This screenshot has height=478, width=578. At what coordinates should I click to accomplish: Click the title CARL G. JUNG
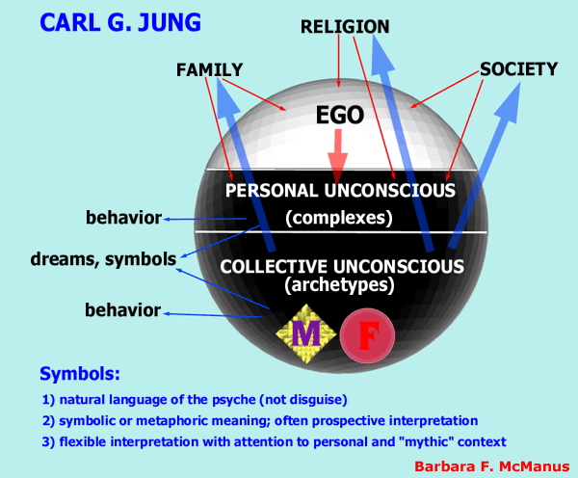pyautogui.click(x=120, y=22)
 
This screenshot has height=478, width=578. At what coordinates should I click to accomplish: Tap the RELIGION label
pyautogui.click(x=345, y=27)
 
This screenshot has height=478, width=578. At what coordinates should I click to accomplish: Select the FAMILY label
pyautogui.click(x=209, y=69)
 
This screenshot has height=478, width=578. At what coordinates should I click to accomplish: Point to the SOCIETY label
pyautogui.click(x=519, y=69)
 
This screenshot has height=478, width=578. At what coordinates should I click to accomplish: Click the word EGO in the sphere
pyautogui.click(x=340, y=115)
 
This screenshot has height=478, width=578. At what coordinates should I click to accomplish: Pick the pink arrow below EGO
pyautogui.click(x=338, y=156)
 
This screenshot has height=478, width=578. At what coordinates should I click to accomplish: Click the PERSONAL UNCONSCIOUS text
pyautogui.click(x=340, y=191)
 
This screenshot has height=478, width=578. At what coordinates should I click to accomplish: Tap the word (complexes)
pyautogui.click(x=339, y=218)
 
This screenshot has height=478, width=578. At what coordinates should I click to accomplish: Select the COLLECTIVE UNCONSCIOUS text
pyautogui.click(x=342, y=266)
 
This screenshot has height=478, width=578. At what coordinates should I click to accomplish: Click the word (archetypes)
pyautogui.click(x=339, y=284)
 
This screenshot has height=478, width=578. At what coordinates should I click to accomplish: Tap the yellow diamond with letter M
pyautogui.click(x=306, y=333)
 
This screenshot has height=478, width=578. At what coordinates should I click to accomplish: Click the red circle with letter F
pyautogui.click(x=367, y=335)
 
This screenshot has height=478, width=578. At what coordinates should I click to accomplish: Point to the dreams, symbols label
pyautogui.click(x=103, y=259)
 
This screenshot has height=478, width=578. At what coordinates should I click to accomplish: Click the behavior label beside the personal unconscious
pyautogui.click(x=123, y=218)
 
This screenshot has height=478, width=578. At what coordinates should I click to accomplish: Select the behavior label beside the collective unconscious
pyautogui.click(x=122, y=309)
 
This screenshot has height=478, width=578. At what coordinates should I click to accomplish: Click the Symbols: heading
pyautogui.click(x=80, y=374)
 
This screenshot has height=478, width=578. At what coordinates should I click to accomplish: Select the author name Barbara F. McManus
pyautogui.click(x=492, y=466)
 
